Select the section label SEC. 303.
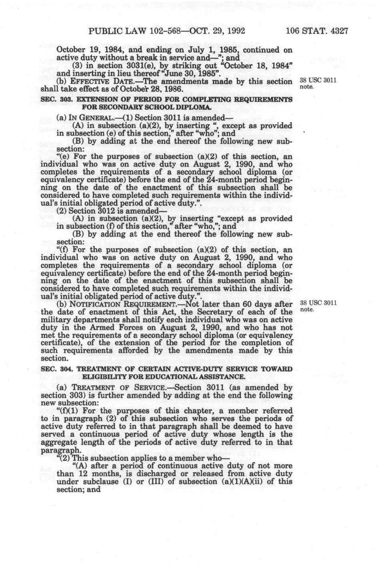56,99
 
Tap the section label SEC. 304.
56,369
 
